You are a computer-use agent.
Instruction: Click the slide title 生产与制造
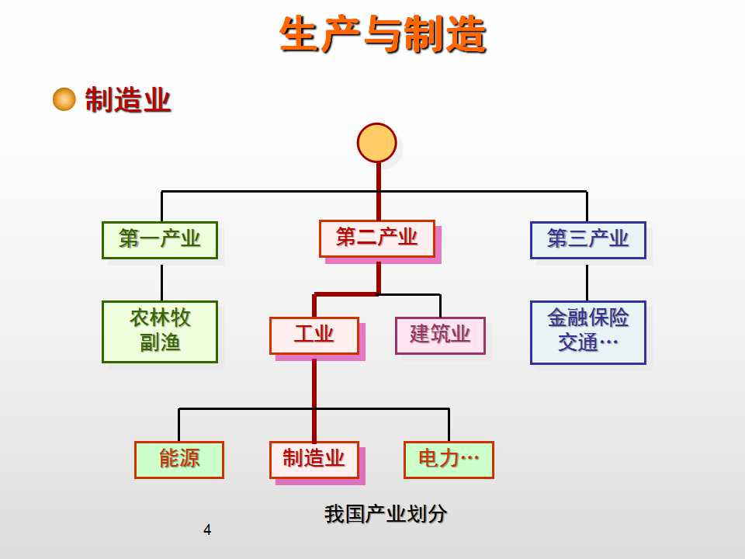(x=383, y=35)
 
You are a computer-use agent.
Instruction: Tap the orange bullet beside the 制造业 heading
(x=64, y=99)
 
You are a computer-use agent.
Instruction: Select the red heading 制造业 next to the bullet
(x=127, y=100)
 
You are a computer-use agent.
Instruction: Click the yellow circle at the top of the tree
(x=377, y=143)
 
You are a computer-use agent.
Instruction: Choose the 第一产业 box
(x=160, y=240)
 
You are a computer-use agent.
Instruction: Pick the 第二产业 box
(x=377, y=238)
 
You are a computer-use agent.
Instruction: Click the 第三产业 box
(x=587, y=240)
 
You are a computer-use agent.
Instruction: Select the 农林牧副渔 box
(x=160, y=332)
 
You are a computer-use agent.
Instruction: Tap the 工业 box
(x=314, y=335)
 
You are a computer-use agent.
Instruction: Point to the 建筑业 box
(x=440, y=335)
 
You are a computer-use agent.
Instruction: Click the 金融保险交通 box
(x=587, y=332)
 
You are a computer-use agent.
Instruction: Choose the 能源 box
(x=179, y=460)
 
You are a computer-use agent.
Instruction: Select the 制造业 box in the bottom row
(x=314, y=460)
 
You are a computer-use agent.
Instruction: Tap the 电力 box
(x=449, y=460)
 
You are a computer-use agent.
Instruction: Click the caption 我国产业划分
(x=386, y=514)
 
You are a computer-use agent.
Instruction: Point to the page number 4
(x=206, y=531)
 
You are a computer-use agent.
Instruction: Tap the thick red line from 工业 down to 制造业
(x=314, y=400)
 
